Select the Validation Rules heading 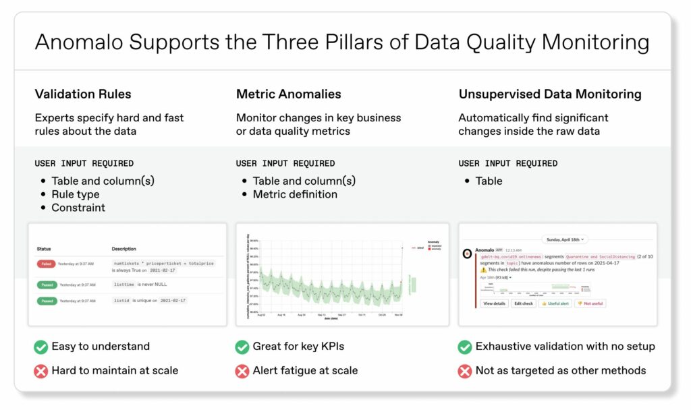(x=83, y=94)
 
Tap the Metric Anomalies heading (x=288, y=94)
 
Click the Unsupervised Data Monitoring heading (x=550, y=94)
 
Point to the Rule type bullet (x=75, y=194)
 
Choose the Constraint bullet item (x=78, y=208)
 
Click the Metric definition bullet (x=295, y=194)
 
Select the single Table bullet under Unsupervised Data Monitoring (x=489, y=181)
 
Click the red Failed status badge (x=46, y=263)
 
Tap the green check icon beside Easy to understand (x=41, y=347)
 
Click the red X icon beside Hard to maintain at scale (x=41, y=370)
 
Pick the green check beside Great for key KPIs (x=242, y=347)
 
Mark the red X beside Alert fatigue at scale (x=242, y=370)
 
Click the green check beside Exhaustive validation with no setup (x=465, y=347)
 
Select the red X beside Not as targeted (x=465, y=370)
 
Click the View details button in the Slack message (x=495, y=303)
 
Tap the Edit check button (x=524, y=303)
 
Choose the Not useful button (x=590, y=303)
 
